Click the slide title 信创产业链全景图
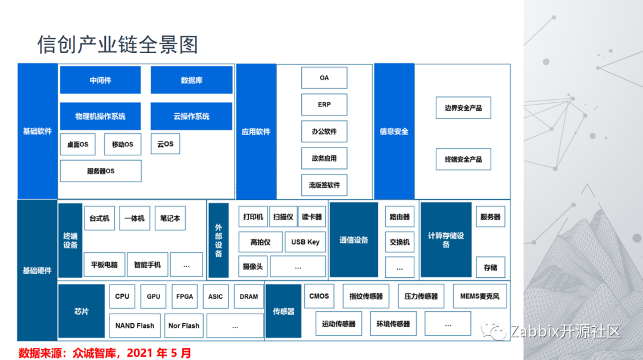click(117, 45)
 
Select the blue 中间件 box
click(100, 80)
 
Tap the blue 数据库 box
click(191, 80)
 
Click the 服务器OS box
click(101, 171)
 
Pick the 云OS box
click(165, 144)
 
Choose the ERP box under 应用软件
click(324, 105)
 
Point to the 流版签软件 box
click(324, 185)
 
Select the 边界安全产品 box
click(463, 108)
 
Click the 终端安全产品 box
click(463, 159)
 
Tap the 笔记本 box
click(170, 218)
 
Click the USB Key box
click(305, 242)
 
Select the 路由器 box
click(399, 217)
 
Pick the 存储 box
click(490, 268)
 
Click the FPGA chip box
click(185, 296)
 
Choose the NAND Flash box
click(135, 325)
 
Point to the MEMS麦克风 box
click(480, 296)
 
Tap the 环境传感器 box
click(393, 324)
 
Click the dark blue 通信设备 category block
click(354, 240)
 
